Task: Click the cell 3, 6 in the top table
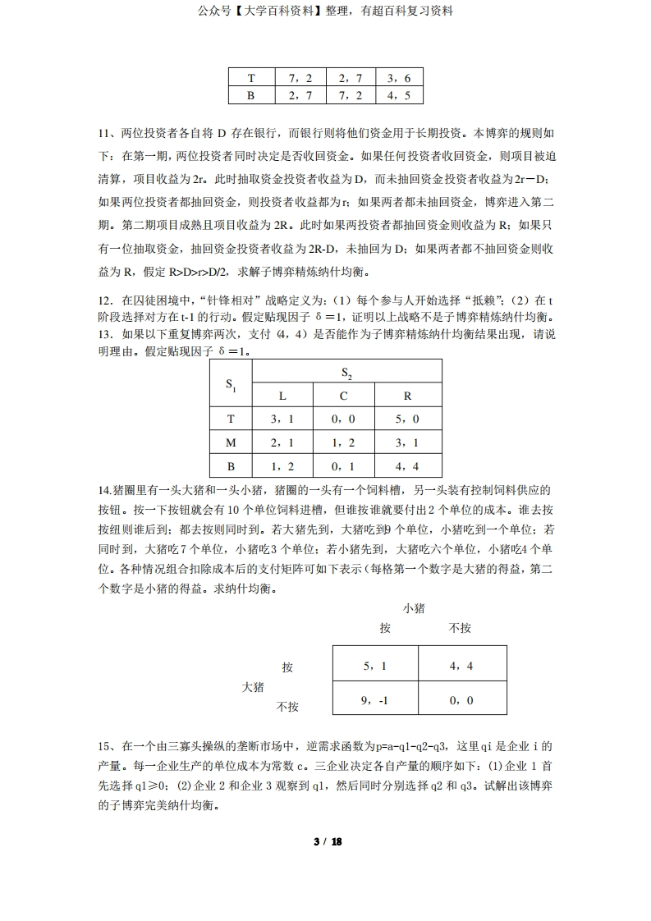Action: point(399,78)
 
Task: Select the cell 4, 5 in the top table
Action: point(399,95)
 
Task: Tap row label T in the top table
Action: point(252,78)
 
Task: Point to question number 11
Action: point(104,132)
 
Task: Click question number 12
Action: point(104,300)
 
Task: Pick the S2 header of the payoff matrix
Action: point(345,373)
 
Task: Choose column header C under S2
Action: point(343,396)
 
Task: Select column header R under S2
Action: point(407,396)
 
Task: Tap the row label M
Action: point(231,442)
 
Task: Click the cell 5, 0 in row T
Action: point(407,419)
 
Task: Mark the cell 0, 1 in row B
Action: point(343,466)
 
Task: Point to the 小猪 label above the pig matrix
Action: point(414,608)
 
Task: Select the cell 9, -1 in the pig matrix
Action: point(374,700)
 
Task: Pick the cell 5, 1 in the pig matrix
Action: point(374,666)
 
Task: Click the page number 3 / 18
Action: point(327,842)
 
